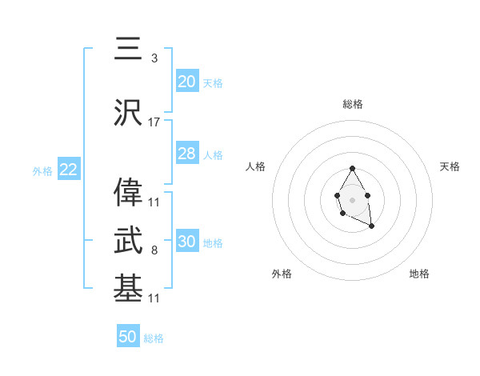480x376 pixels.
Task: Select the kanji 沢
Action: pyautogui.click(x=128, y=114)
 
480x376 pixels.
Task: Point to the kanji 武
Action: pyautogui.click(x=128, y=238)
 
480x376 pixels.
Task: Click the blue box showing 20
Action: pyautogui.click(x=187, y=81)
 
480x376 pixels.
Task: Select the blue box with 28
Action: pyautogui.click(x=187, y=154)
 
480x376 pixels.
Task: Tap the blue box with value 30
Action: pyautogui.click(x=187, y=242)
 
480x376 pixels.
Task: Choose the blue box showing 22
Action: pyautogui.click(x=68, y=169)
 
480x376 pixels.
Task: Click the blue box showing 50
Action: pyautogui.click(x=128, y=337)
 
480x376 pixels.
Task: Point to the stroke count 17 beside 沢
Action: pyautogui.click(x=154, y=122)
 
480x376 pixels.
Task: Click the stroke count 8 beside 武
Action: pyautogui.click(x=154, y=250)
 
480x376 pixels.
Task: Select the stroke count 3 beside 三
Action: pyautogui.click(x=154, y=58)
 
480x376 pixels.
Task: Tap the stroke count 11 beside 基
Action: pyautogui.click(x=154, y=298)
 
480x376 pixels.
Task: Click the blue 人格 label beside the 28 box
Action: pyautogui.click(x=213, y=155)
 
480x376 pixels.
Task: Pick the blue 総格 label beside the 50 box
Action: pyautogui.click(x=154, y=338)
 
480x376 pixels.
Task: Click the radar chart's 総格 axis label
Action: pyautogui.click(x=353, y=104)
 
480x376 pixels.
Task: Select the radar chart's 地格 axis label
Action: pyautogui.click(x=419, y=274)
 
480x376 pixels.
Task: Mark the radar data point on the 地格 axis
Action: pyautogui.click(x=371, y=227)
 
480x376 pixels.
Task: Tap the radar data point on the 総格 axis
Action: pyautogui.click(x=353, y=168)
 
